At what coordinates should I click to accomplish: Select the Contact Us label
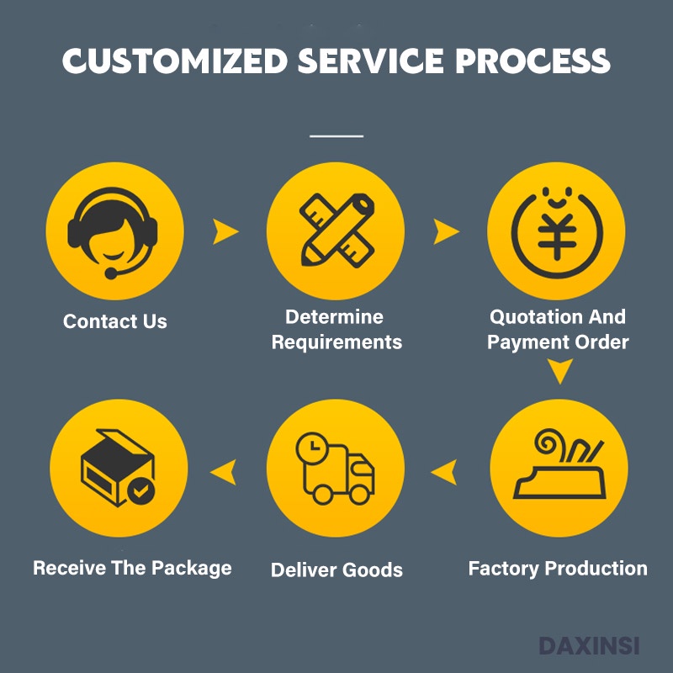[115, 321]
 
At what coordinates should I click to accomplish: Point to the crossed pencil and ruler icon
[336, 231]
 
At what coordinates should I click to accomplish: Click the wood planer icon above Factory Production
[559, 468]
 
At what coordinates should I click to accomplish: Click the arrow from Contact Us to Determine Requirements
[225, 231]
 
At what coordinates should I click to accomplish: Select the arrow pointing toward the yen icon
[446, 231]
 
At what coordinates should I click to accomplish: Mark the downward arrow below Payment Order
[559, 371]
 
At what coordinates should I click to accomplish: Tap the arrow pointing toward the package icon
[223, 472]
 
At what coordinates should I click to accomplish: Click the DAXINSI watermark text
[589, 646]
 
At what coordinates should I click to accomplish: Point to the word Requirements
[336, 342]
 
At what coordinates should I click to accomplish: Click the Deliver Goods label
[336, 570]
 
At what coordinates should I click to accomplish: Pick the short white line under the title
[336, 135]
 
